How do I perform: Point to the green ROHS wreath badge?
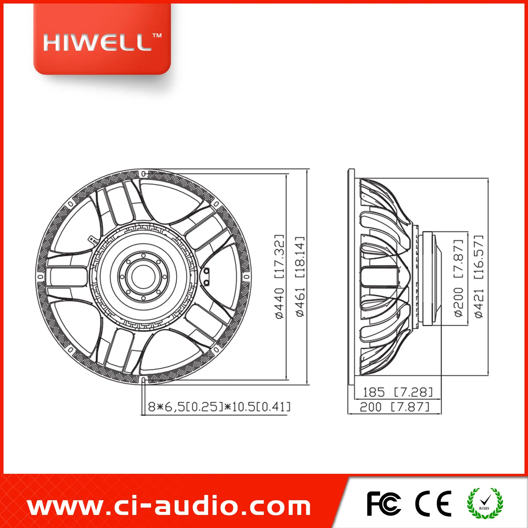coord(485,503)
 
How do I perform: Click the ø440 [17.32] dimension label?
coord(279,276)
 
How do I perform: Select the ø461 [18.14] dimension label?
coord(300,276)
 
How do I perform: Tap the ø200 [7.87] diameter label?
coord(458,278)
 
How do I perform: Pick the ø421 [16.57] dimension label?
coord(479,276)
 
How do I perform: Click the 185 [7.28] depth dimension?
coord(397,392)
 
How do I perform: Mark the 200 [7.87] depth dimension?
coord(395,407)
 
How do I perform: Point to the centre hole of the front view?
coord(143,277)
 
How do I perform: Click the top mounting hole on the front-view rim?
coord(144,174)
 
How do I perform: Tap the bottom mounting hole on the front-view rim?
coord(144,380)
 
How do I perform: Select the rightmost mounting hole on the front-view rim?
coord(246,277)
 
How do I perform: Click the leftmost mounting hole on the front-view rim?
coord(40,277)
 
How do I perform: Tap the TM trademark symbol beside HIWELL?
coord(157,35)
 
